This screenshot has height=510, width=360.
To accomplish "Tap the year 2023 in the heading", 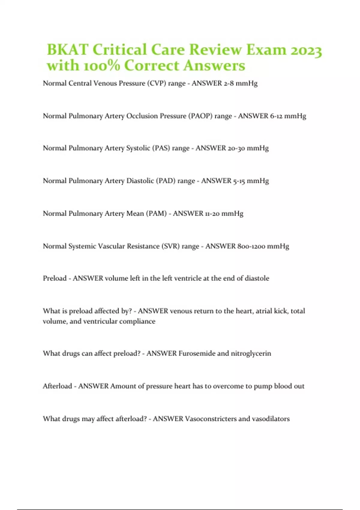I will pos(306,50).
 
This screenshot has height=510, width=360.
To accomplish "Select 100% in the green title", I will pos(101,66).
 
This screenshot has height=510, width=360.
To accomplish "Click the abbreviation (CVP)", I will pos(156,83).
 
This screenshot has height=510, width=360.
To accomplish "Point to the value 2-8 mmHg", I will pos(241,83).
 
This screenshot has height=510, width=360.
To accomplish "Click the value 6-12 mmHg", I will pos(288,116).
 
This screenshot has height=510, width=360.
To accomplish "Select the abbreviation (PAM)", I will pos(156,214).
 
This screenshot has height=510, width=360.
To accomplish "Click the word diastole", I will pos(257,278).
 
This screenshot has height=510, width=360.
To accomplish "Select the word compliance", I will pos(137,321).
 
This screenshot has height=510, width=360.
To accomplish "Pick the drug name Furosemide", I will pos(196,353).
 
